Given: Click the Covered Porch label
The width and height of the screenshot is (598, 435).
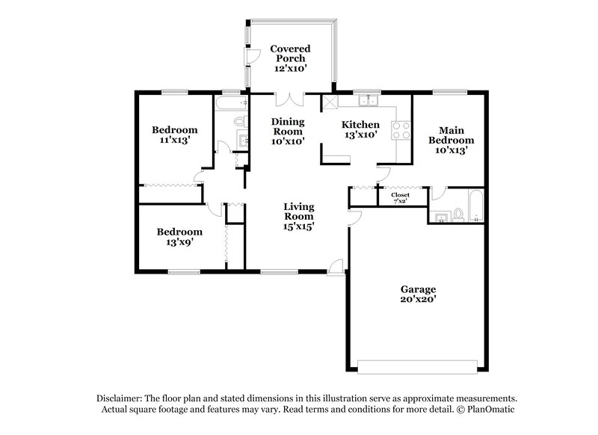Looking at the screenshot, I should pos(291,58).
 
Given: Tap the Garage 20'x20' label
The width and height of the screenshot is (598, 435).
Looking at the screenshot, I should pos(418,294).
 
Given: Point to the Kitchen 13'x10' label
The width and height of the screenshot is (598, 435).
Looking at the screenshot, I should pos(361,130).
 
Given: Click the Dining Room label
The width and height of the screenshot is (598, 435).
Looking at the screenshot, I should pos(288,131).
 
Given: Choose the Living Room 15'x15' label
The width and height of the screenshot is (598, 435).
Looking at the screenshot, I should pos(298,216).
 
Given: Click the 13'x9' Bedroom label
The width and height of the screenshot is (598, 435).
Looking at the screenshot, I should pos(179,237).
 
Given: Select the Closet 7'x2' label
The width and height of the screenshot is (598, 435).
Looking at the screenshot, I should pos(401,197).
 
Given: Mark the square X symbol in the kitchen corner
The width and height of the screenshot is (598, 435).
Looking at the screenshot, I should pos(329,102).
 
